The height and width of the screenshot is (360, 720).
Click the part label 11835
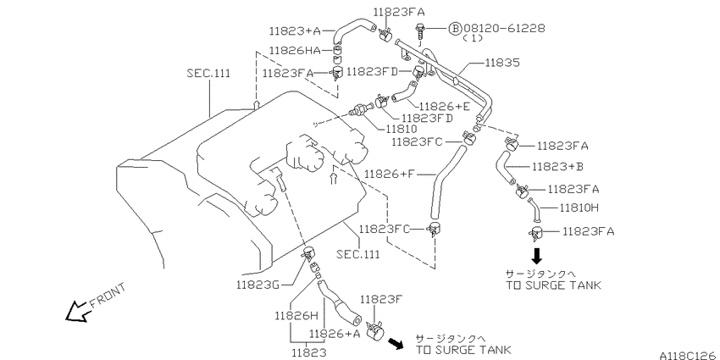pyautogui.click(x=502, y=62)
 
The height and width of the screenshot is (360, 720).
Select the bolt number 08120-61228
pyautogui.click(x=504, y=28)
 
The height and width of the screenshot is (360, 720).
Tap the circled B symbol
pyautogui.click(x=454, y=29)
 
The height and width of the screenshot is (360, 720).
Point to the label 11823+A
pyautogui.click(x=294, y=31)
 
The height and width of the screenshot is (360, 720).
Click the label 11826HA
pyautogui.click(x=294, y=50)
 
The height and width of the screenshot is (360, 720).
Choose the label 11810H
pyautogui.click(x=579, y=208)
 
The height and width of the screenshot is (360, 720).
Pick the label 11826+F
pyautogui.click(x=390, y=174)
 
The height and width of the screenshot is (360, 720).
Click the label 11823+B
pyautogui.click(x=557, y=166)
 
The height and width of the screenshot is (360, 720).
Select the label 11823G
pyautogui.click(x=258, y=285)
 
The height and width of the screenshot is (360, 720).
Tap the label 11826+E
pyautogui.click(x=445, y=107)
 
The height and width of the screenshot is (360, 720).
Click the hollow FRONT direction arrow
pyautogui.click(x=79, y=311)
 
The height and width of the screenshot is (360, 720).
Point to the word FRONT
pyautogui.click(x=108, y=295)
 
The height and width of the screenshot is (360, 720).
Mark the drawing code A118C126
pyautogui.click(x=690, y=356)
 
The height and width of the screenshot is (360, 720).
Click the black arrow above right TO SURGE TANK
pyautogui.click(x=536, y=255)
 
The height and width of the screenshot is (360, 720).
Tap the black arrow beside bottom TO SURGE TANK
pyautogui.click(x=396, y=343)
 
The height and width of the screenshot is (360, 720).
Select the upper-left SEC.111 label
pyautogui.click(x=209, y=73)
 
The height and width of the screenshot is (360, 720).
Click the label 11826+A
pyautogui.click(x=335, y=334)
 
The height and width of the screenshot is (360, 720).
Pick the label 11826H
pyautogui.click(x=296, y=315)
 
